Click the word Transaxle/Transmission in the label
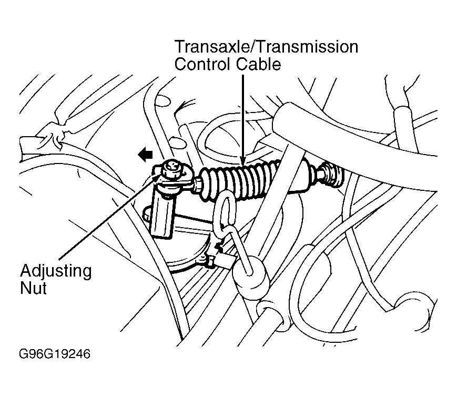coord(266,47)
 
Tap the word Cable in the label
coord(258,64)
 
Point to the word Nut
coord(33,289)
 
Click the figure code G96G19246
coord(55,354)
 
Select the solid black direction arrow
coord(146,154)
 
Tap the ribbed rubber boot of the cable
coord(239,180)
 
